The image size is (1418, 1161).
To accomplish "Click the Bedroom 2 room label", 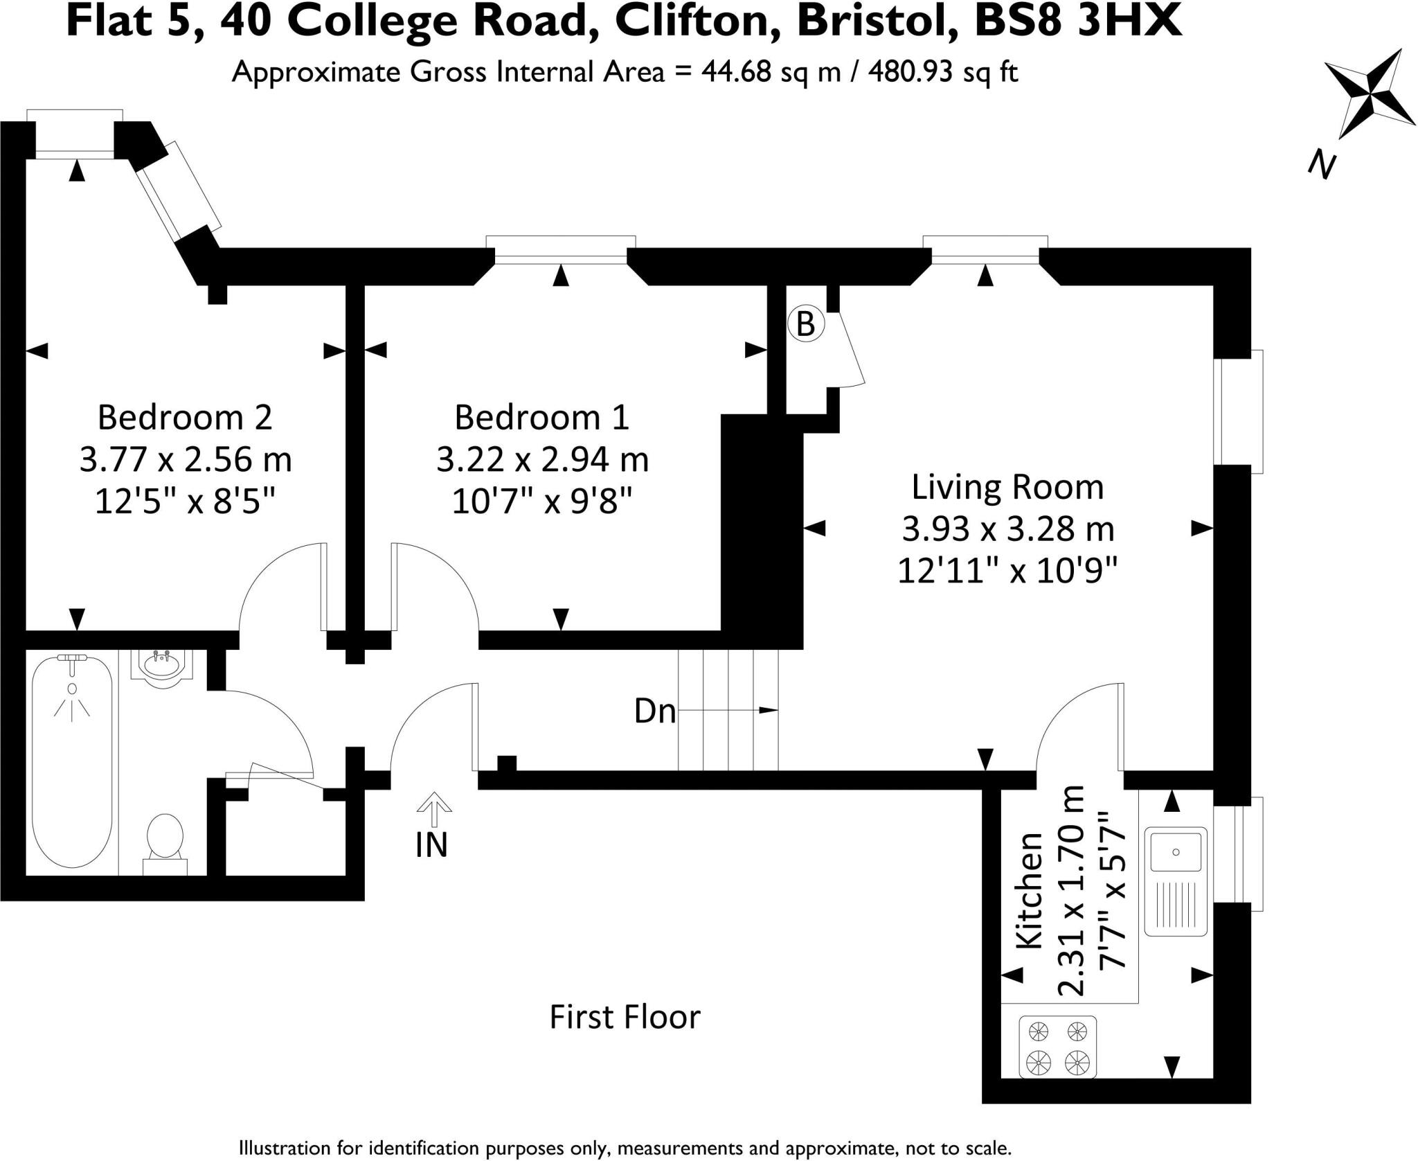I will (185, 418).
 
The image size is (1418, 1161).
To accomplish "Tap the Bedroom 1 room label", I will (541, 418).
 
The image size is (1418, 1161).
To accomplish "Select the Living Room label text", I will (1007, 487).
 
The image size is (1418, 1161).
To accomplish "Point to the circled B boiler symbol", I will (806, 324).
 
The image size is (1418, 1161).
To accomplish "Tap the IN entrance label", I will (432, 845).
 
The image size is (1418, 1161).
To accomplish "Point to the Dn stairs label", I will (654, 711).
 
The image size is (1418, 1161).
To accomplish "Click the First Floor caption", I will (625, 1018).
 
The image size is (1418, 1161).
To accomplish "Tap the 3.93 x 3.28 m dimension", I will (1007, 530).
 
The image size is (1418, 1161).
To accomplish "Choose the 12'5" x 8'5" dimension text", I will (185, 501).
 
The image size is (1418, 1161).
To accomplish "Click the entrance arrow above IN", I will (434, 808).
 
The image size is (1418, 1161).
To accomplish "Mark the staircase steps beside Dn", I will (728, 710).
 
